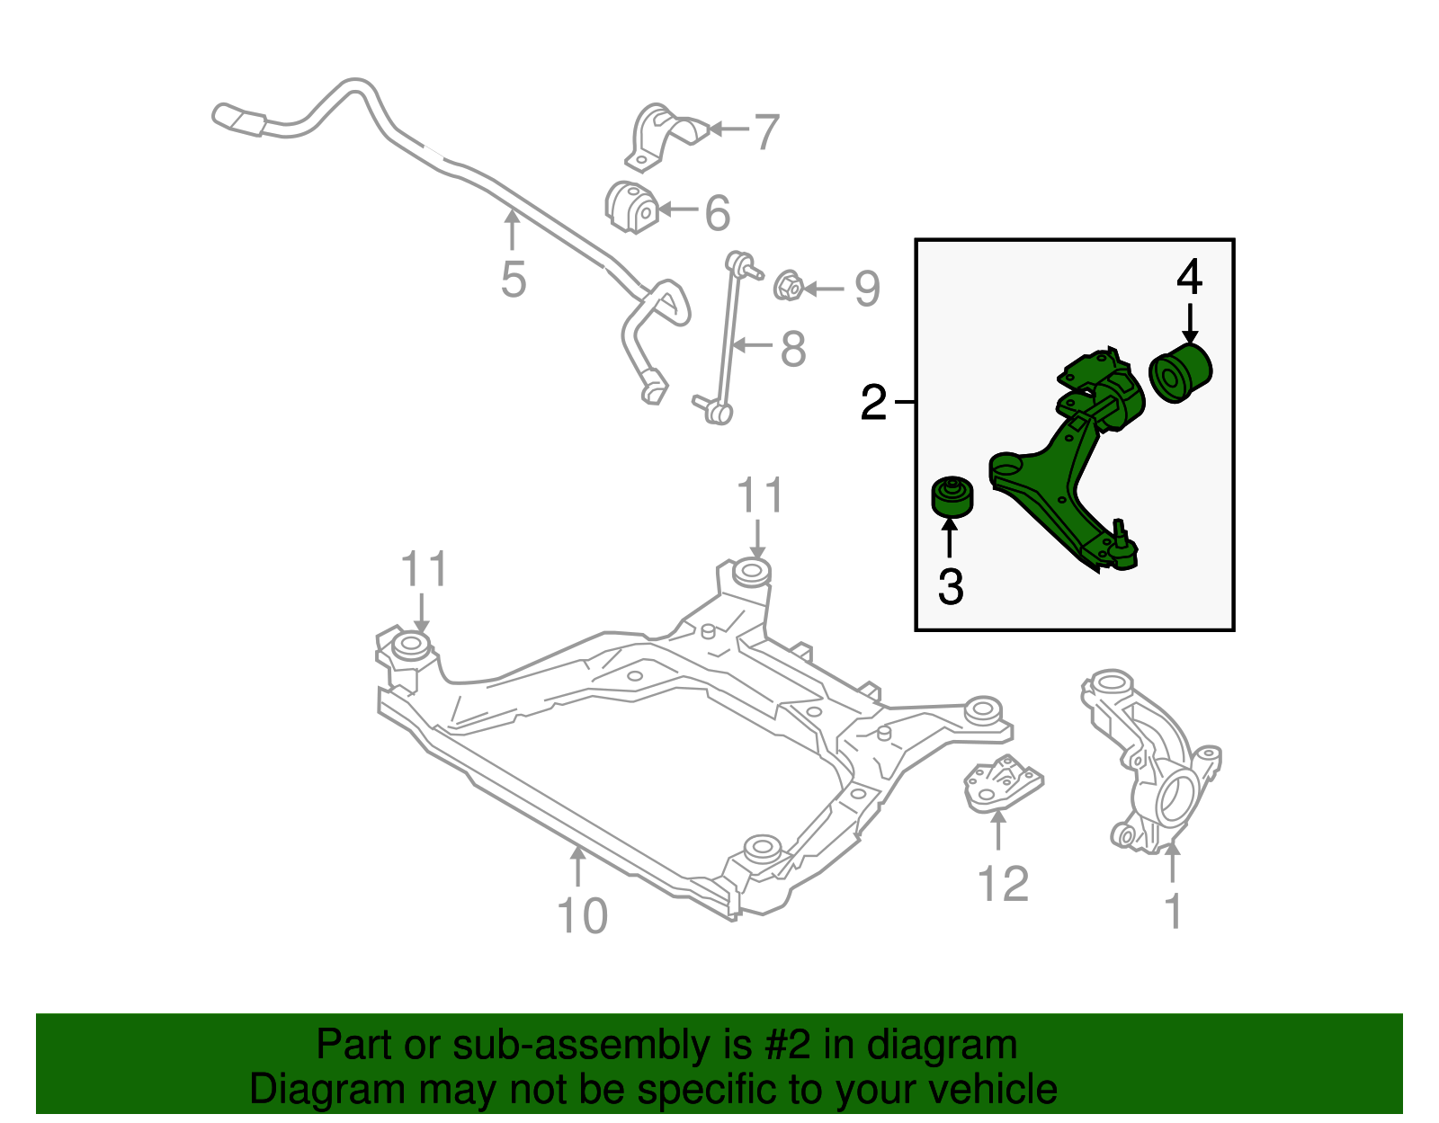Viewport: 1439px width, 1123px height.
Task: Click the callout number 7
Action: click(766, 132)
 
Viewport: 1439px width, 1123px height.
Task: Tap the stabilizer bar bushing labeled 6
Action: click(630, 208)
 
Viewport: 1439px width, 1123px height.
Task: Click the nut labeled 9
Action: click(788, 285)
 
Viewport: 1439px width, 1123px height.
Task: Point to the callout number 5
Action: click(513, 280)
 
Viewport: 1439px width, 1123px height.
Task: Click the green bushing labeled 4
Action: click(1181, 373)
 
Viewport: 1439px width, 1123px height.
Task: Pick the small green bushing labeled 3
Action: click(952, 497)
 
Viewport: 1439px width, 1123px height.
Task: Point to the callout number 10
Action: click(583, 916)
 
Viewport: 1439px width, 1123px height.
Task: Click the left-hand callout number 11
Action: click(424, 570)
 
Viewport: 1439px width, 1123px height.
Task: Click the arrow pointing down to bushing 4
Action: click(1190, 324)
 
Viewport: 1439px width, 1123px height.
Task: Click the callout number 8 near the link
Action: click(792, 349)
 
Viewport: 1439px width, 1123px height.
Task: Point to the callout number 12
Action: click(1003, 884)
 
